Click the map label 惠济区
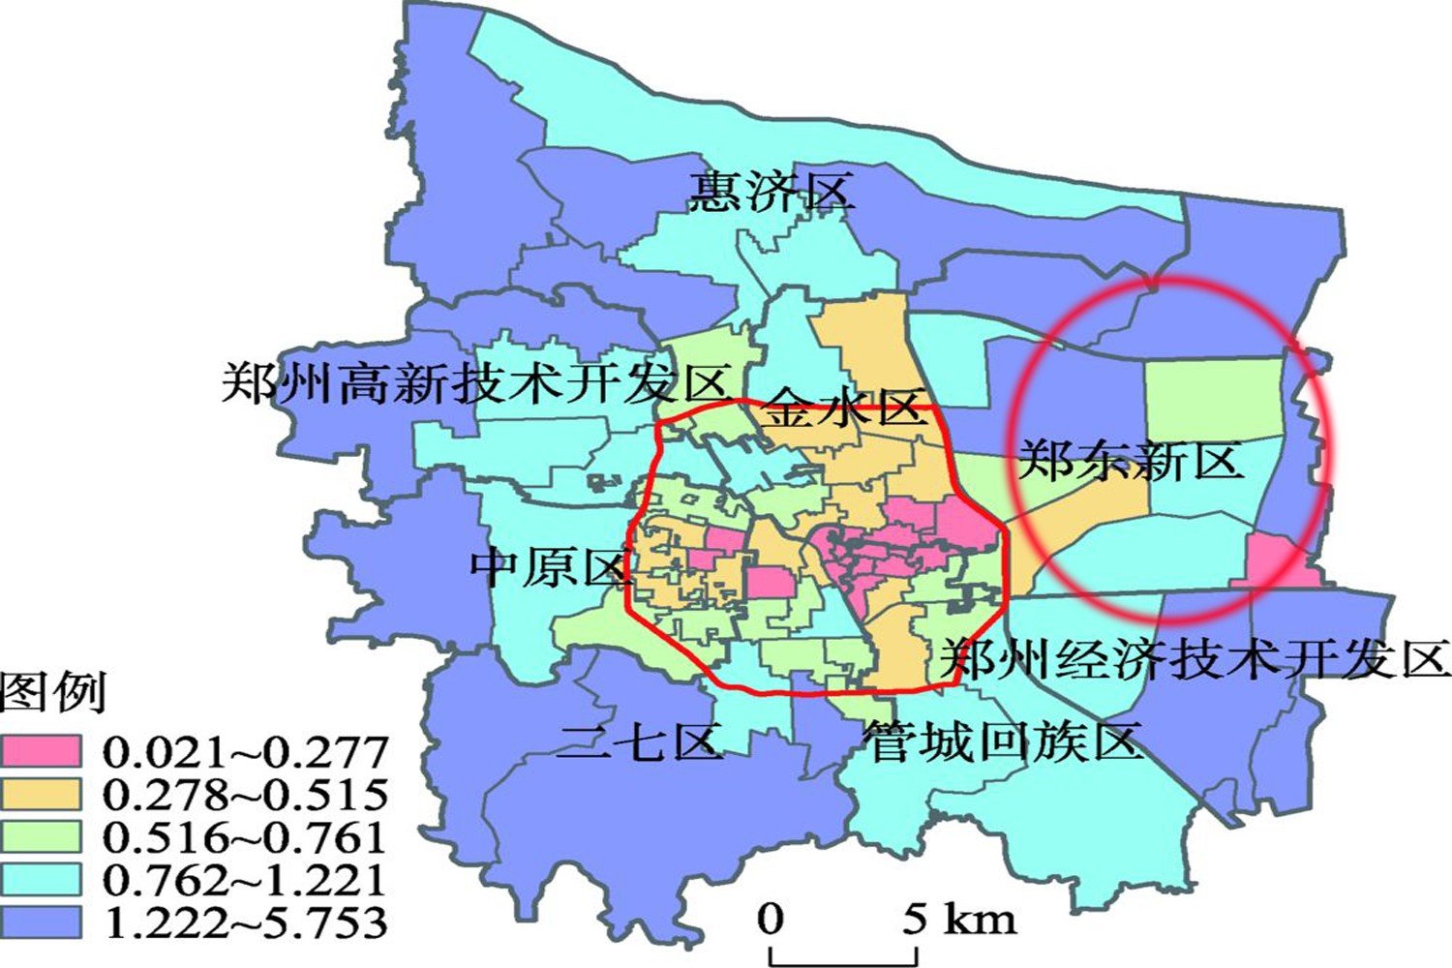[x=771, y=191]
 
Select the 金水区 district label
[x=845, y=408]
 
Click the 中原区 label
[x=550, y=566]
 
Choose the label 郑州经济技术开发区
[x=1196, y=659]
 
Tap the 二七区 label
[x=640, y=742]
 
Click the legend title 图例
[x=53, y=692]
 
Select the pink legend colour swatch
[x=41, y=751]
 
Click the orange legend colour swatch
[x=41, y=794]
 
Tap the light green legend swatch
[x=41, y=836]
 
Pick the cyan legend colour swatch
[x=41, y=879]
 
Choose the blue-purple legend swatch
[x=41, y=922]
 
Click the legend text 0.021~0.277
[x=245, y=751]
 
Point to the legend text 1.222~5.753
[x=245, y=922]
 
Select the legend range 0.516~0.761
[x=245, y=836]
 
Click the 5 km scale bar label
[x=959, y=918]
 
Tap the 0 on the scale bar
[x=771, y=918]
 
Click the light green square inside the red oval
[x=1213, y=398]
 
